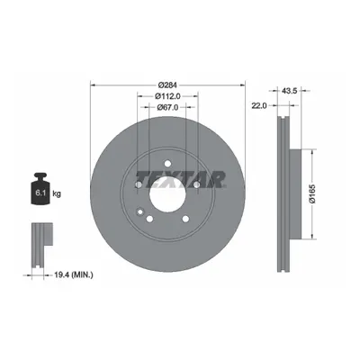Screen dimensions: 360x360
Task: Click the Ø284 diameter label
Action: click(167, 85)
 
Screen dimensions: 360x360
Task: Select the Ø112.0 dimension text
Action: click(167, 96)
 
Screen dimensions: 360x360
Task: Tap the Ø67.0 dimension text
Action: click(167, 107)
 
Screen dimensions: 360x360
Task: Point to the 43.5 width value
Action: click(288, 91)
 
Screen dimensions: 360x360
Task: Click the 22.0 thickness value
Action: click(259, 105)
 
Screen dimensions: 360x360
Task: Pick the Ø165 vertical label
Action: click(312, 194)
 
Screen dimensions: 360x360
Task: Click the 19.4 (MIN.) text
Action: click(74, 274)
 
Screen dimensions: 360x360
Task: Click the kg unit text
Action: click(57, 193)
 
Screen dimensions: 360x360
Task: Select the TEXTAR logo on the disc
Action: click(181, 179)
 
